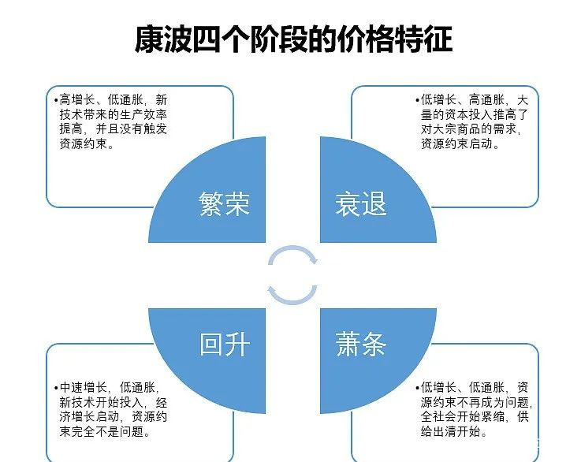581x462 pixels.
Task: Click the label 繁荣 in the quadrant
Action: click(225, 204)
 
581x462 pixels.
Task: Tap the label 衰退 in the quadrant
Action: click(361, 204)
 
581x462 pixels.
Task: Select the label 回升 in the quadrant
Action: click(225, 345)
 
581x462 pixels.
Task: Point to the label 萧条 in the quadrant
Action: click(361, 345)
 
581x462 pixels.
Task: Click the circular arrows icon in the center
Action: click(292, 275)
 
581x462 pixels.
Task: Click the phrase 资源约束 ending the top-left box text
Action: click(85, 145)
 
